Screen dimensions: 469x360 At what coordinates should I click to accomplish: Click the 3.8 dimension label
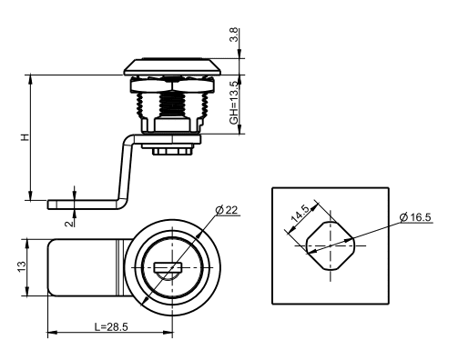click(234, 35)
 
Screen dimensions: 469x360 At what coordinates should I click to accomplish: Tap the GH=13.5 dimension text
click(234, 103)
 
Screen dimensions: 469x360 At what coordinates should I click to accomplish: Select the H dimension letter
click(25, 137)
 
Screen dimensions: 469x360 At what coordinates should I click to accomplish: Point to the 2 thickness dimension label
click(69, 224)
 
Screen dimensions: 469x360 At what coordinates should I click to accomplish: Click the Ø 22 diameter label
click(227, 210)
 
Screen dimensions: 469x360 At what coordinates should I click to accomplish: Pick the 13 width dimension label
click(22, 266)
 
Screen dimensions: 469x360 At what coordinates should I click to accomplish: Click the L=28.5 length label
click(111, 326)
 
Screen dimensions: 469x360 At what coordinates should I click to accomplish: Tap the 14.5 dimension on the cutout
click(301, 214)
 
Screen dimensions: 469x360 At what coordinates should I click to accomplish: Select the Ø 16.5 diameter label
click(415, 217)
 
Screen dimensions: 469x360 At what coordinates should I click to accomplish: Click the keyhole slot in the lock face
click(168, 267)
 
